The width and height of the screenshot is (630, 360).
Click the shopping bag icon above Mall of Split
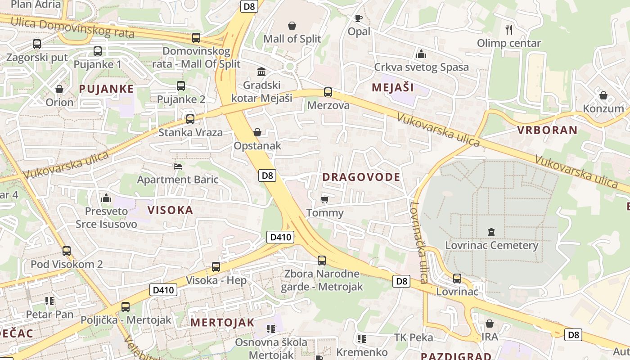click(292, 26)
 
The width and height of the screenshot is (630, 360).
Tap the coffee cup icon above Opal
click(358, 18)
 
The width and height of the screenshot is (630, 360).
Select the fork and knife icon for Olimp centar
click(509, 30)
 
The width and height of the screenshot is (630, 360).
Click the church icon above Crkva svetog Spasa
click(421, 54)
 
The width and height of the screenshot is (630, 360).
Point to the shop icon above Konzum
click(603, 95)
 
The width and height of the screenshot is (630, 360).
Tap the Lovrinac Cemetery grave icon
click(491, 232)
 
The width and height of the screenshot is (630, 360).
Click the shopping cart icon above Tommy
click(325, 199)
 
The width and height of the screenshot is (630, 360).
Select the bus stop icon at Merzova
click(328, 92)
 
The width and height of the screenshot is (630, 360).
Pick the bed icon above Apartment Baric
click(178, 166)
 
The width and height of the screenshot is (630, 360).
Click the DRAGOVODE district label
click(361, 177)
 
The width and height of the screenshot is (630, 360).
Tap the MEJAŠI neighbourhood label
click(392, 88)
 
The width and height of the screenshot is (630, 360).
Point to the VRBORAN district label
click(547, 130)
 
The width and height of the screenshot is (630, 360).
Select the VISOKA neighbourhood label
click(170, 210)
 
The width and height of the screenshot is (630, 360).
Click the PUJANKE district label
click(106, 89)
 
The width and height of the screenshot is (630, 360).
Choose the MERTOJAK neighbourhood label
click(222, 323)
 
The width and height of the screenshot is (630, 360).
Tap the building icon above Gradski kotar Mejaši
click(261, 72)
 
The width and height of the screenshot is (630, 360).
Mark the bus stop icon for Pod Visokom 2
click(67, 251)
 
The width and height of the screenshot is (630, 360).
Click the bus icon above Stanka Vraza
click(190, 119)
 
